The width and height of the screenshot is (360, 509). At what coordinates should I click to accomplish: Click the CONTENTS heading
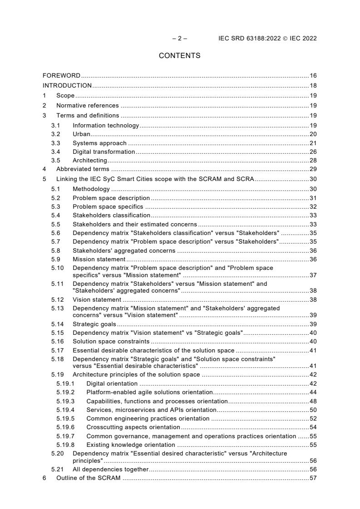tap(179, 56)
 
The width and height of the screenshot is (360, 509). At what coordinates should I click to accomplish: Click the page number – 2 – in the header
tap(180, 39)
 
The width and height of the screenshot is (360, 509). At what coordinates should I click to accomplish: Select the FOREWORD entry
tap(61, 75)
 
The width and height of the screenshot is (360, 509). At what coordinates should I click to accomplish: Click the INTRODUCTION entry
tap(67, 85)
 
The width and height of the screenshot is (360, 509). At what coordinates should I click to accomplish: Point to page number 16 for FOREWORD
tap(313, 75)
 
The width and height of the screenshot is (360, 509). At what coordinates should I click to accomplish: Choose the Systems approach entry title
tap(99, 143)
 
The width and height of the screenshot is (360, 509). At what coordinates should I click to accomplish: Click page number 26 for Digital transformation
tap(313, 152)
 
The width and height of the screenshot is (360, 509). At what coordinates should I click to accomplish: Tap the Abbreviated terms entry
tap(83, 169)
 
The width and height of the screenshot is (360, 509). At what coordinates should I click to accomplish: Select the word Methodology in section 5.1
tap(91, 189)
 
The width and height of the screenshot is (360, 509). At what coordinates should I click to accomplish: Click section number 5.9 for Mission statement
tap(55, 259)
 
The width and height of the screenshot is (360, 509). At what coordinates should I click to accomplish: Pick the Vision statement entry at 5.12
tap(97, 300)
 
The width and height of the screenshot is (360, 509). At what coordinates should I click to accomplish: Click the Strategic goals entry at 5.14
tap(94, 324)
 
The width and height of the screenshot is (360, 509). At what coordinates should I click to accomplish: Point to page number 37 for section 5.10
tap(313, 276)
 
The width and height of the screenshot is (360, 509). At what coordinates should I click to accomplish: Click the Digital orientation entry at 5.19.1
tap(112, 384)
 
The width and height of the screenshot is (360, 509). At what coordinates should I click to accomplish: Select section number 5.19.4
tap(65, 410)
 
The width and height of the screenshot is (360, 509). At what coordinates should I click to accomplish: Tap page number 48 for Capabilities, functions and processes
tap(313, 401)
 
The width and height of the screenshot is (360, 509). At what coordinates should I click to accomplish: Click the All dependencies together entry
tap(110, 470)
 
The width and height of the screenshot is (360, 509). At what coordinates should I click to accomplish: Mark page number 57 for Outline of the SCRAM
tap(313, 478)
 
